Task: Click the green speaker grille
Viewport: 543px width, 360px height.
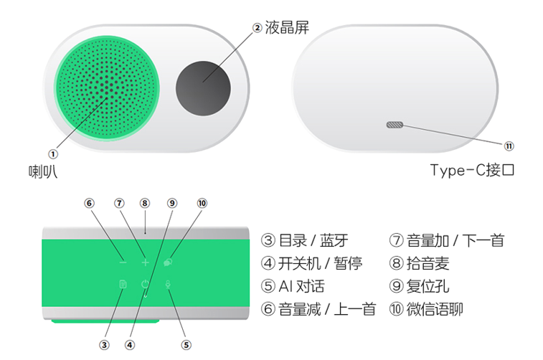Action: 107,88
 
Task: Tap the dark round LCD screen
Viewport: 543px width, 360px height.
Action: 203,88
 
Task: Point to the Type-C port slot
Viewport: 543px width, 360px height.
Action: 395,125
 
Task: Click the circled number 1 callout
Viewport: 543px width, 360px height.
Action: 52,154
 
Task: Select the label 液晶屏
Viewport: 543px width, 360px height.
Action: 287,27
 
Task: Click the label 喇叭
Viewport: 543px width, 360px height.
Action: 42,171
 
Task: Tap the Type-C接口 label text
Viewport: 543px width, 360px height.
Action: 472,170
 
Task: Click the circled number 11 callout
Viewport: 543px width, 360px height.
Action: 509,146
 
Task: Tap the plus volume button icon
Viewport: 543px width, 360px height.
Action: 145,262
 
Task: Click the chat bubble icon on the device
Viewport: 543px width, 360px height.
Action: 168,262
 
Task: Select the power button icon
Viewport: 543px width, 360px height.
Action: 145,284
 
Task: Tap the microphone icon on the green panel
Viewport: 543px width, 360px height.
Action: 168,284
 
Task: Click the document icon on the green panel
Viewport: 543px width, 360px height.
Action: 123,284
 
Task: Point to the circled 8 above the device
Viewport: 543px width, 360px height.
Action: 145,203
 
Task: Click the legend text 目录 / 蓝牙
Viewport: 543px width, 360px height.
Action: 313,240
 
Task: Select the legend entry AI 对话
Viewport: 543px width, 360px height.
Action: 302,286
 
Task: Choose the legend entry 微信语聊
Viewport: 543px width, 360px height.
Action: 435,309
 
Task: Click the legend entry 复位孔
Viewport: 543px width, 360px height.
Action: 428,286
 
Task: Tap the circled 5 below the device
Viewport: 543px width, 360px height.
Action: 186,345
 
